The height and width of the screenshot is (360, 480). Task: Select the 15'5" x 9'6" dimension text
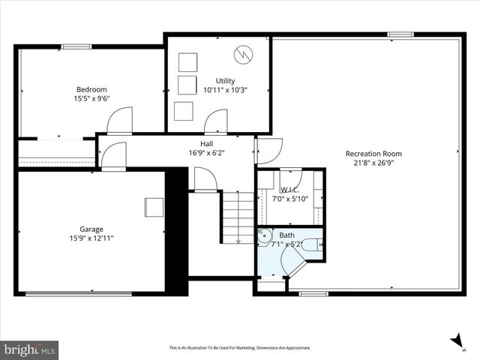[91, 97]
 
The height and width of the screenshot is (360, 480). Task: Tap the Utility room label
[225, 80]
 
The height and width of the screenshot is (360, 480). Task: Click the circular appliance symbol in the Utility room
[242, 54]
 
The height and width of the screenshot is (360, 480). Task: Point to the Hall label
[206, 143]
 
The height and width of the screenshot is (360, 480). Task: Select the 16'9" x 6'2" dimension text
[206, 152]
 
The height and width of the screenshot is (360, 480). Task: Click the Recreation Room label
[368, 154]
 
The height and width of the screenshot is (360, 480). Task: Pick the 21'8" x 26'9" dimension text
[368, 163]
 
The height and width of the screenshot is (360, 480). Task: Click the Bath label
[286, 235]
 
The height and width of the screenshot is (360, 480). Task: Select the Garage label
[91, 229]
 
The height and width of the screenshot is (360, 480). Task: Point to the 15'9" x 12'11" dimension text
[91, 238]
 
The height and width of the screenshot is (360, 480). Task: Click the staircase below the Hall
[238, 217]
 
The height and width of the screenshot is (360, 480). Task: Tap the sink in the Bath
[265, 237]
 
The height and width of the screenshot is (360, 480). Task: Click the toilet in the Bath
[316, 244]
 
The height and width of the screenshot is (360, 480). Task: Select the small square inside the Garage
[154, 207]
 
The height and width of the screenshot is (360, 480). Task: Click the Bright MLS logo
[30, 349]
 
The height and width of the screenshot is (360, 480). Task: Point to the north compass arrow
[456, 342]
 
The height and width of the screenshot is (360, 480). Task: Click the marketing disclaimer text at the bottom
[239, 348]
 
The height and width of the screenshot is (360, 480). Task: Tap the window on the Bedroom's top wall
[76, 46]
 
